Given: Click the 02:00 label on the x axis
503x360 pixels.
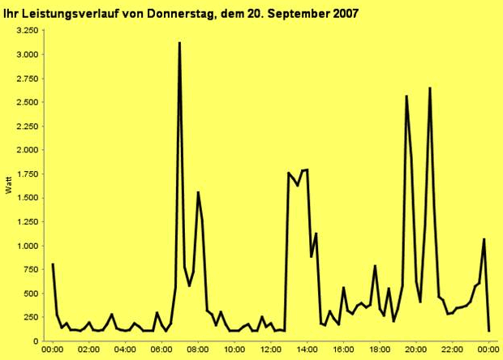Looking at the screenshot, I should click(88, 349).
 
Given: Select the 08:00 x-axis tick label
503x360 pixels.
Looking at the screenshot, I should click(198, 349).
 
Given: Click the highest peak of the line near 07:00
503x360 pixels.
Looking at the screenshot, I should click(179, 43).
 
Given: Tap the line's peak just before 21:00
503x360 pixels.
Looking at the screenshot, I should click(429, 88).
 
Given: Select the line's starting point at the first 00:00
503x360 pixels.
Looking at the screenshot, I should click(53, 264).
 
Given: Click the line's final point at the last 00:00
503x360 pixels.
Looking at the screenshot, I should click(488, 330).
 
